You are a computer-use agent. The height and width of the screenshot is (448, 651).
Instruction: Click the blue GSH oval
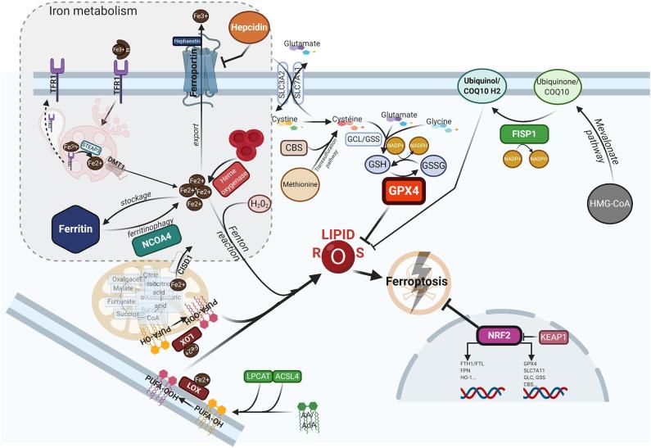coord(378,162)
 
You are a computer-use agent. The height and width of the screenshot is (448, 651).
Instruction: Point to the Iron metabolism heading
coord(70,11)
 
